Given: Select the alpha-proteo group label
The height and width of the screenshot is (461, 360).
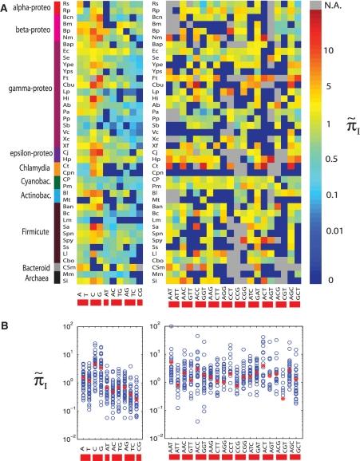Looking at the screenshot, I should [26, 14].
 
